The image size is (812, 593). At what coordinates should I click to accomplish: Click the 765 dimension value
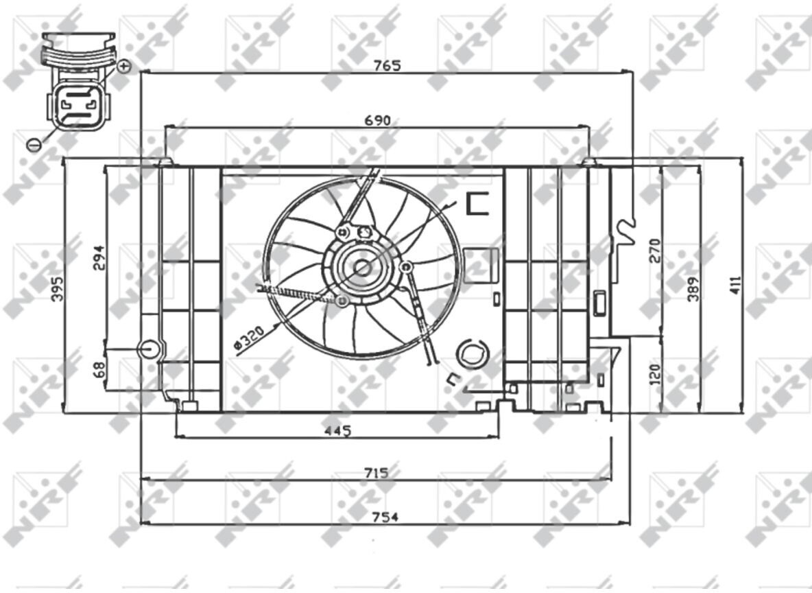387,65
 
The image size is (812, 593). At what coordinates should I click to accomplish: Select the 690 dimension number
377,121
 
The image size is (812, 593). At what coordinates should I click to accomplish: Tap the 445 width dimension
337,431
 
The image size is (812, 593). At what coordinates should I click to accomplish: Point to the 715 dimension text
376,473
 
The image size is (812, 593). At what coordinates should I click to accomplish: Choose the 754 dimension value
385,517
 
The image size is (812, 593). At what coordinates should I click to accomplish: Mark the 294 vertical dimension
98,257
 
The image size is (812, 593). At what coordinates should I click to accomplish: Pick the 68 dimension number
98,369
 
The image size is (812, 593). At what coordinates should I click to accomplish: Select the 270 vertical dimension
654,251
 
